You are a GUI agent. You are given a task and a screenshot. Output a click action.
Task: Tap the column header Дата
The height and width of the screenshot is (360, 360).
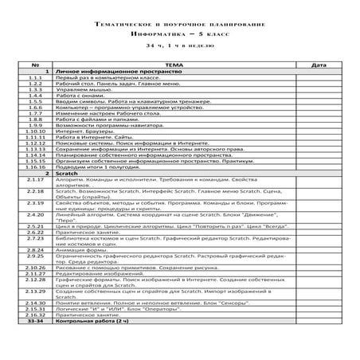point(317,65)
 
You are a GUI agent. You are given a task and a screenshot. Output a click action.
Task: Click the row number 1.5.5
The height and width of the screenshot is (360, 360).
point(34,102)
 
